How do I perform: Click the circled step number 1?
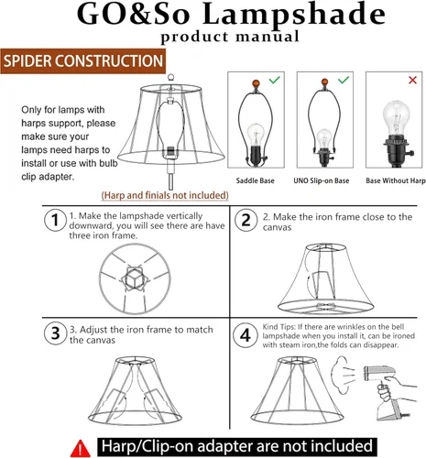pos(55,220)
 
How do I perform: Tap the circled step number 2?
pos(246,220)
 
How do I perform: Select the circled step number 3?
pos(55,333)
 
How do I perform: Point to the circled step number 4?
pos(246,335)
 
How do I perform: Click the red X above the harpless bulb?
pos(412,80)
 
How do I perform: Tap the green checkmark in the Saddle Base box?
pos(275,80)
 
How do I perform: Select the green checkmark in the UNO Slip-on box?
pos(344,80)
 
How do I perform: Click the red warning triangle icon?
pos(81,449)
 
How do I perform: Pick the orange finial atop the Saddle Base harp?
pos(256,83)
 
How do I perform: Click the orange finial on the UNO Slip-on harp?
pos(324,82)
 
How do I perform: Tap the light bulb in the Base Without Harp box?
pos(397,118)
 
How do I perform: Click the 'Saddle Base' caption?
pos(255,180)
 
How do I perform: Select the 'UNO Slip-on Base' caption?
pos(322,180)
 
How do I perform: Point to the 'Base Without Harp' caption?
pos(396,180)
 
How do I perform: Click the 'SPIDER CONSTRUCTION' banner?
pos(83,61)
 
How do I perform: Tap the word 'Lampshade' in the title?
pos(294,15)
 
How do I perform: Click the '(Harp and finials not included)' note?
pos(165,195)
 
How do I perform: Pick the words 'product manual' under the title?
pos(230,37)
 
